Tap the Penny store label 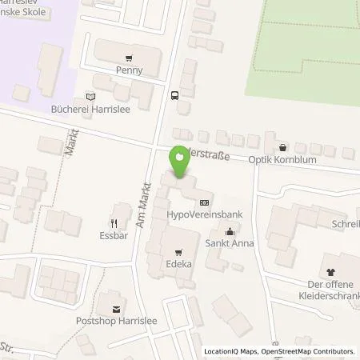coord(128,70)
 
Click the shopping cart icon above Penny coord(128,57)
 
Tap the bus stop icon coord(174,94)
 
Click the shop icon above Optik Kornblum coord(282,147)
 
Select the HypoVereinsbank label coord(206,216)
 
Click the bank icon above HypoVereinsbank coord(206,203)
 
